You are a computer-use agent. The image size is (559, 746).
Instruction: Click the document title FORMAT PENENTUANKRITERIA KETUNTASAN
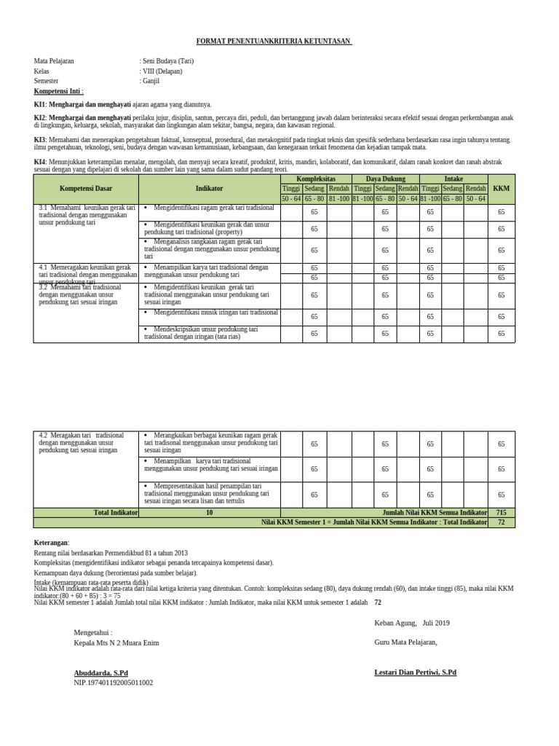(x=274, y=42)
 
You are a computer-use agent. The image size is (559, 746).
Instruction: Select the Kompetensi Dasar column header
(x=86, y=189)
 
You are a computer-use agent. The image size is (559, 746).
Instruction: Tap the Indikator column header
(x=209, y=189)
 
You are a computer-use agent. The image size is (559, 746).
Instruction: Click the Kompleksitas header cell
(x=316, y=178)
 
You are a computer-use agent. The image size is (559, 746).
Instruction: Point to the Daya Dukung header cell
(x=386, y=178)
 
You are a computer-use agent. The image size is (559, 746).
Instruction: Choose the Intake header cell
(x=453, y=178)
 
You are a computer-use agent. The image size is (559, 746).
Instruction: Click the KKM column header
(x=501, y=189)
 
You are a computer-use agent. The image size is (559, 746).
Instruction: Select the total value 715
(x=501, y=512)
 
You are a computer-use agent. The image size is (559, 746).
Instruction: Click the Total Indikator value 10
(x=209, y=512)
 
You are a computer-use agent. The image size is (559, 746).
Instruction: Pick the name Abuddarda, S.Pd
(x=100, y=672)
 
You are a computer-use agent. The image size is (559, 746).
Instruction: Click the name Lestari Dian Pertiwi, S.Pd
(x=415, y=672)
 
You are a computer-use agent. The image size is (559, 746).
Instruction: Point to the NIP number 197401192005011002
(x=114, y=683)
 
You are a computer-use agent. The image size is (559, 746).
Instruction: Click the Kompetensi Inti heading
(x=59, y=91)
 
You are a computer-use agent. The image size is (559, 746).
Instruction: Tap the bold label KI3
(x=40, y=139)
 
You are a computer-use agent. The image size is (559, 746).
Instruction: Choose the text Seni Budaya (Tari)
(x=167, y=61)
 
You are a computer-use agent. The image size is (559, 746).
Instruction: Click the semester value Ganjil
(x=151, y=81)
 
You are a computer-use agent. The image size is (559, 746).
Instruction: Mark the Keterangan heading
(x=52, y=543)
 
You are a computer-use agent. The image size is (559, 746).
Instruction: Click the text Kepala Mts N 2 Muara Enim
(x=116, y=643)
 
